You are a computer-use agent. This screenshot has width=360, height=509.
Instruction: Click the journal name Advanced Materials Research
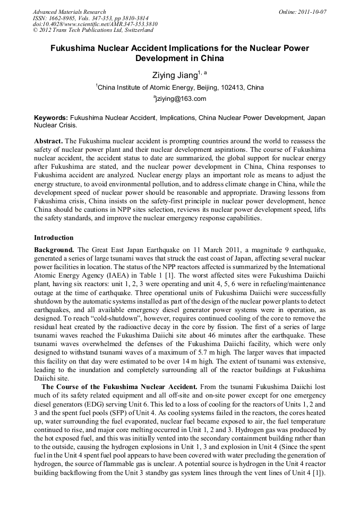coord(69,12)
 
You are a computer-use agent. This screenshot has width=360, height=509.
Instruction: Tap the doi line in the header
coord(95,24)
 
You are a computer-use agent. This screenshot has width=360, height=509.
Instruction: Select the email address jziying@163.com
coord(181,99)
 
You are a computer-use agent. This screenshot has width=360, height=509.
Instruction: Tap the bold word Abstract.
coord(48,141)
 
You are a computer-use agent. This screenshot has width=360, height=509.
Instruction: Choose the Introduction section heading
coord(54,237)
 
